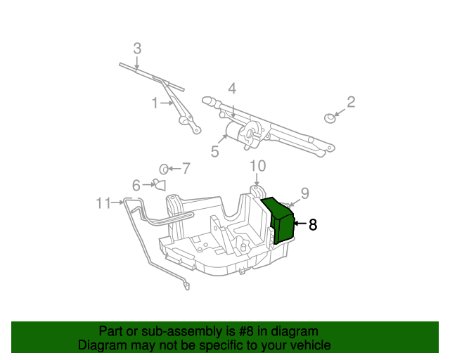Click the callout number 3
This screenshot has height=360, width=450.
(137, 49)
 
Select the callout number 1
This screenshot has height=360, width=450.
(155, 103)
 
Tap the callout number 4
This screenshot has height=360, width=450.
(231, 89)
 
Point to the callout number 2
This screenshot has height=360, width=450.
(351, 102)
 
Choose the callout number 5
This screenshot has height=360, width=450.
(215, 150)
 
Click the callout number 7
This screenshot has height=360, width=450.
(186, 168)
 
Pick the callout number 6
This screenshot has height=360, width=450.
(136, 185)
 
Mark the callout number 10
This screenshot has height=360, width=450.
(258, 166)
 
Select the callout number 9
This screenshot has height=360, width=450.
(304, 192)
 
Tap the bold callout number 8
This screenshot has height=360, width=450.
(313, 225)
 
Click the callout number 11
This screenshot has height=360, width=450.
(103, 203)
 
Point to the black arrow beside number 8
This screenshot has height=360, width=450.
(300, 224)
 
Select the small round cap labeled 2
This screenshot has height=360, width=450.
(329, 117)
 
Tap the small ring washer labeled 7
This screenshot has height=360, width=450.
(163, 169)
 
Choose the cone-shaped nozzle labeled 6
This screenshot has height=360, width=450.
(158, 185)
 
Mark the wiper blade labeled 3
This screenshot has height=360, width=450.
(151, 76)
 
